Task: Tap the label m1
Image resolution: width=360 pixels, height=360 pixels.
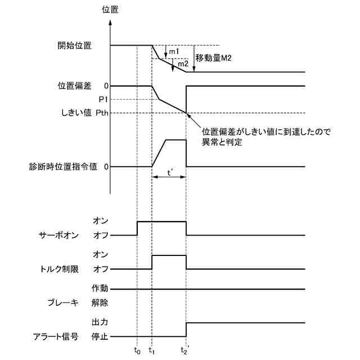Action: (174, 52)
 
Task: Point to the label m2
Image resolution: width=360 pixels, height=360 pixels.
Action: (182, 64)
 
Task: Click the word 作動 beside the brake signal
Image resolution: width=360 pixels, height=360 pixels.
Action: (99, 289)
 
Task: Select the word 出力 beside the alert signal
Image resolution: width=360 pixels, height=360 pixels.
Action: (99, 323)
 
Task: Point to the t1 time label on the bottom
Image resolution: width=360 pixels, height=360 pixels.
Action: (152, 350)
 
